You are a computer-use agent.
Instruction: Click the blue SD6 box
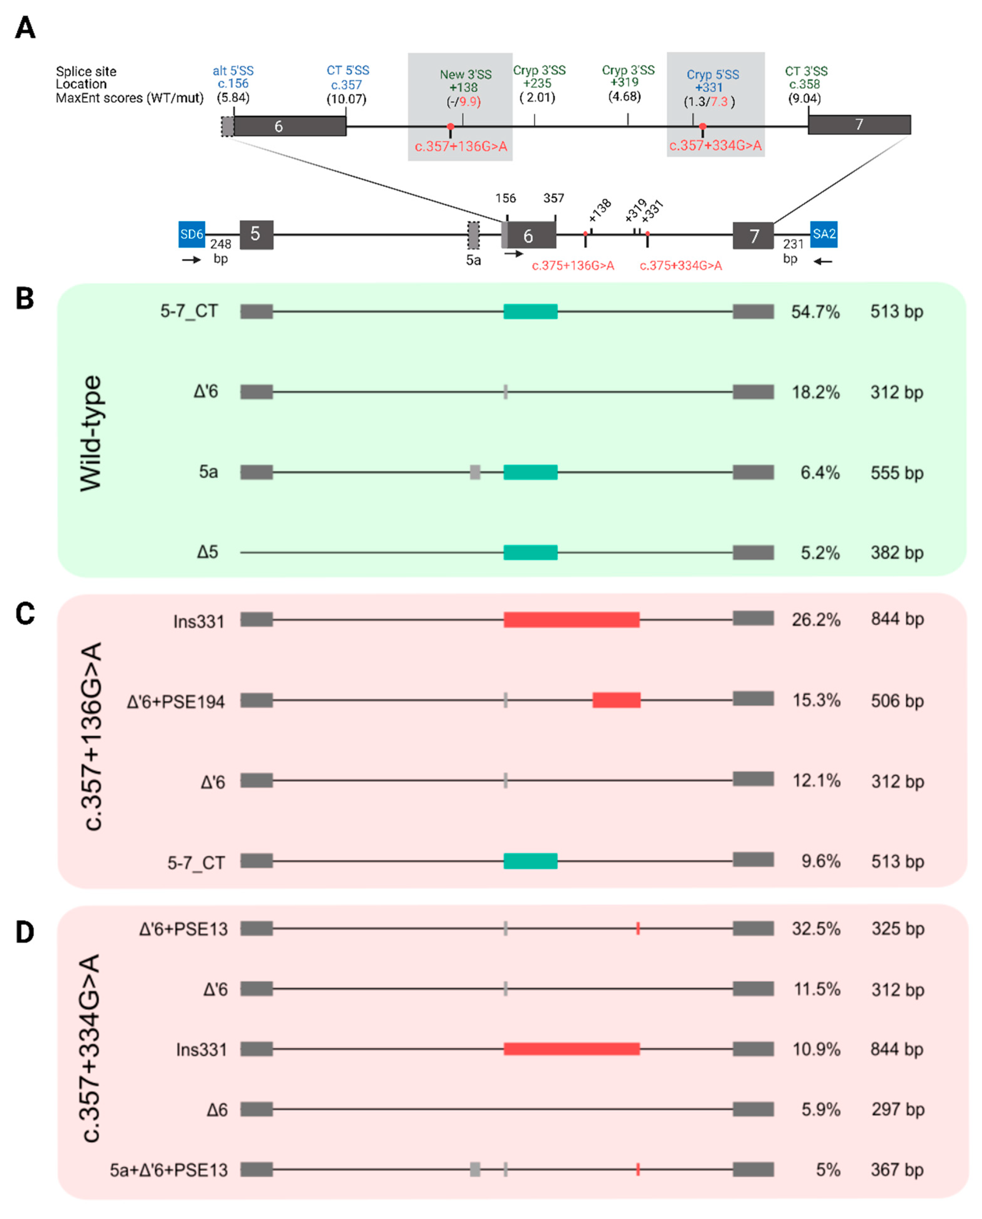coord(192,234)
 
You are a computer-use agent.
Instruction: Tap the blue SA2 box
coord(824,234)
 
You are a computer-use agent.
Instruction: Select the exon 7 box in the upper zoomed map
coord(859,125)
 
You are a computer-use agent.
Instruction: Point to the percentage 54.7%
coord(815,312)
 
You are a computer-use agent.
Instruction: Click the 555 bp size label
coord(897,473)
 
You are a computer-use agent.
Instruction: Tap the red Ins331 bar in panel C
coord(571,620)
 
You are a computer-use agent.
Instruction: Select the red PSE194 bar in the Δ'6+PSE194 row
coord(617,700)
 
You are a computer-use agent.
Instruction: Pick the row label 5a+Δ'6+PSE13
coord(168,1170)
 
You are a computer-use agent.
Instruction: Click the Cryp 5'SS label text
coord(713,75)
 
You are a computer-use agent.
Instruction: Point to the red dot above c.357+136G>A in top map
coord(450,127)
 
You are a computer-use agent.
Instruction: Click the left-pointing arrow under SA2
coord(823,261)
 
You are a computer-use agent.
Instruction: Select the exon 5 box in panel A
coord(256,234)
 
